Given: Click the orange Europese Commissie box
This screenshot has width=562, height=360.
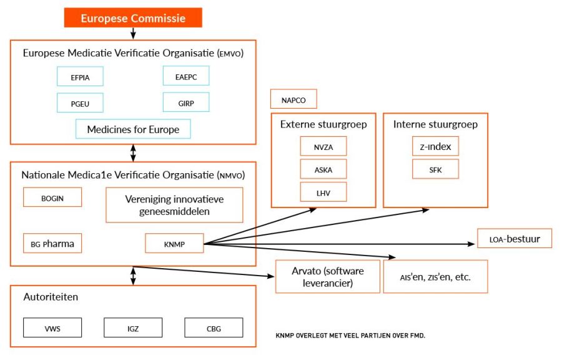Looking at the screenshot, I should [x=133, y=18].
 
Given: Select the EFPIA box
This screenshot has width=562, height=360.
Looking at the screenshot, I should [x=79, y=76].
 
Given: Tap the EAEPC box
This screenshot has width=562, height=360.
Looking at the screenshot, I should [x=185, y=76].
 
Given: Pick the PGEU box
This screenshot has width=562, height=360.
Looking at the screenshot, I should [x=79, y=102].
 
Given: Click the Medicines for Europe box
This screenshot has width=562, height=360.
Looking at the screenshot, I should [x=133, y=129].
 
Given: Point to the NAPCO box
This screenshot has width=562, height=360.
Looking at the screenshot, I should [x=293, y=99].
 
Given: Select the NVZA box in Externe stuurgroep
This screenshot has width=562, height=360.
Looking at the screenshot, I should [x=323, y=147].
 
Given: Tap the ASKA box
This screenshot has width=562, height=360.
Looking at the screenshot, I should [x=323, y=169].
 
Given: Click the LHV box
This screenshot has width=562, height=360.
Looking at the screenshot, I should [x=323, y=191].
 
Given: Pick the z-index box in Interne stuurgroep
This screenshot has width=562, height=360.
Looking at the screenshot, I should [x=435, y=147].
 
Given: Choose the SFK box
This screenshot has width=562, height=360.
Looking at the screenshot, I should [x=435, y=169].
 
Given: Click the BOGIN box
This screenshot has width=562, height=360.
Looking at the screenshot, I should [x=52, y=197].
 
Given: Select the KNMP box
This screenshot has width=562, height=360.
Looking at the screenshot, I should [x=174, y=243].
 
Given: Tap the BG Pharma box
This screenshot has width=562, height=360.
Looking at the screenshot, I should [x=52, y=243].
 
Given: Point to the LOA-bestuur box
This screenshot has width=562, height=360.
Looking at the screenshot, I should [x=515, y=238].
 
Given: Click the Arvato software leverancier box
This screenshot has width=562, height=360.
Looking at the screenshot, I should [x=328, y=276].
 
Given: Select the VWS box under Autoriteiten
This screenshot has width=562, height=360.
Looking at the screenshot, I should [x=52, y=327].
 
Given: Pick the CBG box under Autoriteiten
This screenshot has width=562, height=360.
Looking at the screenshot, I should [x=214, y=327].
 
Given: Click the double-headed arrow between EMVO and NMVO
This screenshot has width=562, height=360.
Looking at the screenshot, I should [x=133, y=152].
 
